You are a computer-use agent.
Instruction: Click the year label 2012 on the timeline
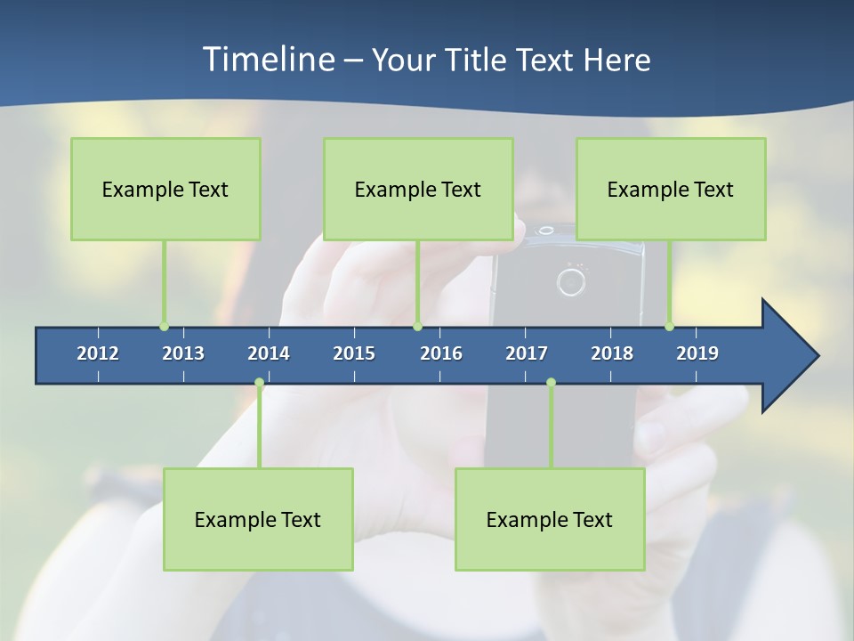(98, 353)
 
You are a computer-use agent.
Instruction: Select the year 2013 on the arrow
(183, 353)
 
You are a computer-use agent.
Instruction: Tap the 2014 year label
(269, 353)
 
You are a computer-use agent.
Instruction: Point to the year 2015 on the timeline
(354, 353)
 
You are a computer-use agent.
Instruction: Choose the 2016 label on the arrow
(441, 353)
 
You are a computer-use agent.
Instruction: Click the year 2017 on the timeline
(527, 353)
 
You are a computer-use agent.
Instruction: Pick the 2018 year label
(612, 353)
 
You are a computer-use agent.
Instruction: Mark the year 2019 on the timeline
(697, 353)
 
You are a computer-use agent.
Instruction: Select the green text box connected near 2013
(165, 189)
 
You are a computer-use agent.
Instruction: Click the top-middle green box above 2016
(418, 189)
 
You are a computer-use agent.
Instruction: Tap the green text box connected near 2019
(671, 189)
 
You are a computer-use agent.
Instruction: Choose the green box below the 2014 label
(258, 519)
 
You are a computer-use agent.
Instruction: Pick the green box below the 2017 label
(550, 519)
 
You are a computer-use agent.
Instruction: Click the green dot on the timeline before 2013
(164, 327)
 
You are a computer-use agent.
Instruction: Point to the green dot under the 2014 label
(259, 383)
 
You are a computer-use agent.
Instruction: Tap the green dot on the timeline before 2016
(417, 327)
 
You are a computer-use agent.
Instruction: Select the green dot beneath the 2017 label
(551, 383)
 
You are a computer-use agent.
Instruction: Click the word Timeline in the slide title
(268, 60)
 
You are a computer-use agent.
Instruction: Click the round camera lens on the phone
(570, 282)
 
